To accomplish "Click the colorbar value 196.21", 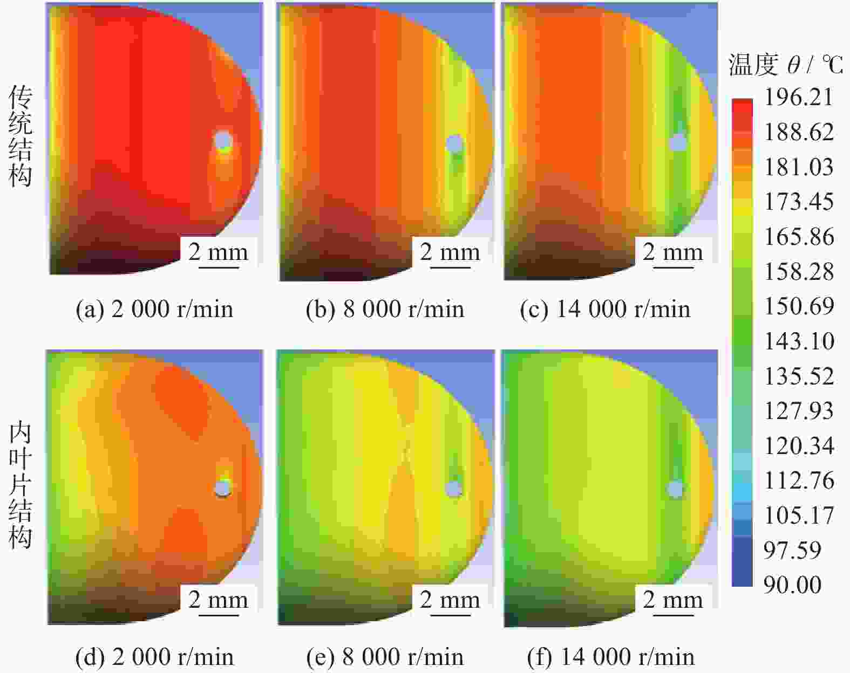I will [x=799, y=98].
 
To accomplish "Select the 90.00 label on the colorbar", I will [x=792, y=585].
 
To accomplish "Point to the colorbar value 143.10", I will [x=799, y=341].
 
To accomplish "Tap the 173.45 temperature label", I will [x=799, y=202].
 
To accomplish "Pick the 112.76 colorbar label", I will [x=799, y=480].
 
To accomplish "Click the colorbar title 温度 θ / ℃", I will [x=785, y=65].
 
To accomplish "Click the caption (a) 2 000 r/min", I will [x=154, y=310].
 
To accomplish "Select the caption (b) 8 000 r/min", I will [x=385, y=310].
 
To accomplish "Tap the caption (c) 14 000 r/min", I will [x=605, y=310].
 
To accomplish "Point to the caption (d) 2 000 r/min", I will [x=154, y=657].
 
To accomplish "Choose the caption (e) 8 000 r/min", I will [x=385, y=657].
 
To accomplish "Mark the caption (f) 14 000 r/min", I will [x=610, y=657].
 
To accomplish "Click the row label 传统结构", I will [x=20, y=137].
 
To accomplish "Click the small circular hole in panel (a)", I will [x=223, y=141].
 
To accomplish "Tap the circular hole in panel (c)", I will [x=678, y=142].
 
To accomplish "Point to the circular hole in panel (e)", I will [x=454, y=489].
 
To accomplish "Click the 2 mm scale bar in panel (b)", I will [x=450, y=253].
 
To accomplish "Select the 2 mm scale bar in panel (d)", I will [x=218, y=601].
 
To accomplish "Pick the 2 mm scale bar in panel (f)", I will [x=672, y=601].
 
